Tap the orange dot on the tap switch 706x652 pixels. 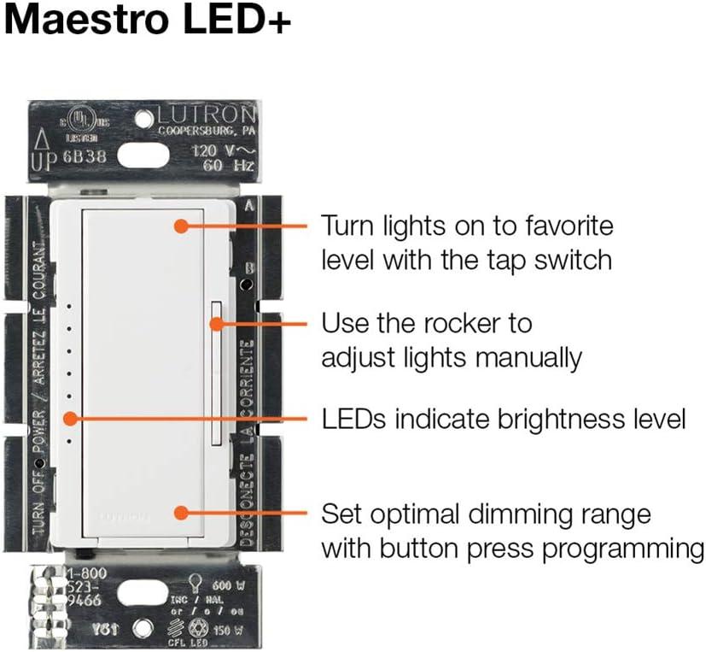tap(180, 226)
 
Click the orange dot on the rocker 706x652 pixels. tap(218, 324)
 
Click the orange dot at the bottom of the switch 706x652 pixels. tap(180, 513)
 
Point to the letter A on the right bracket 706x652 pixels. tap(248, 205)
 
